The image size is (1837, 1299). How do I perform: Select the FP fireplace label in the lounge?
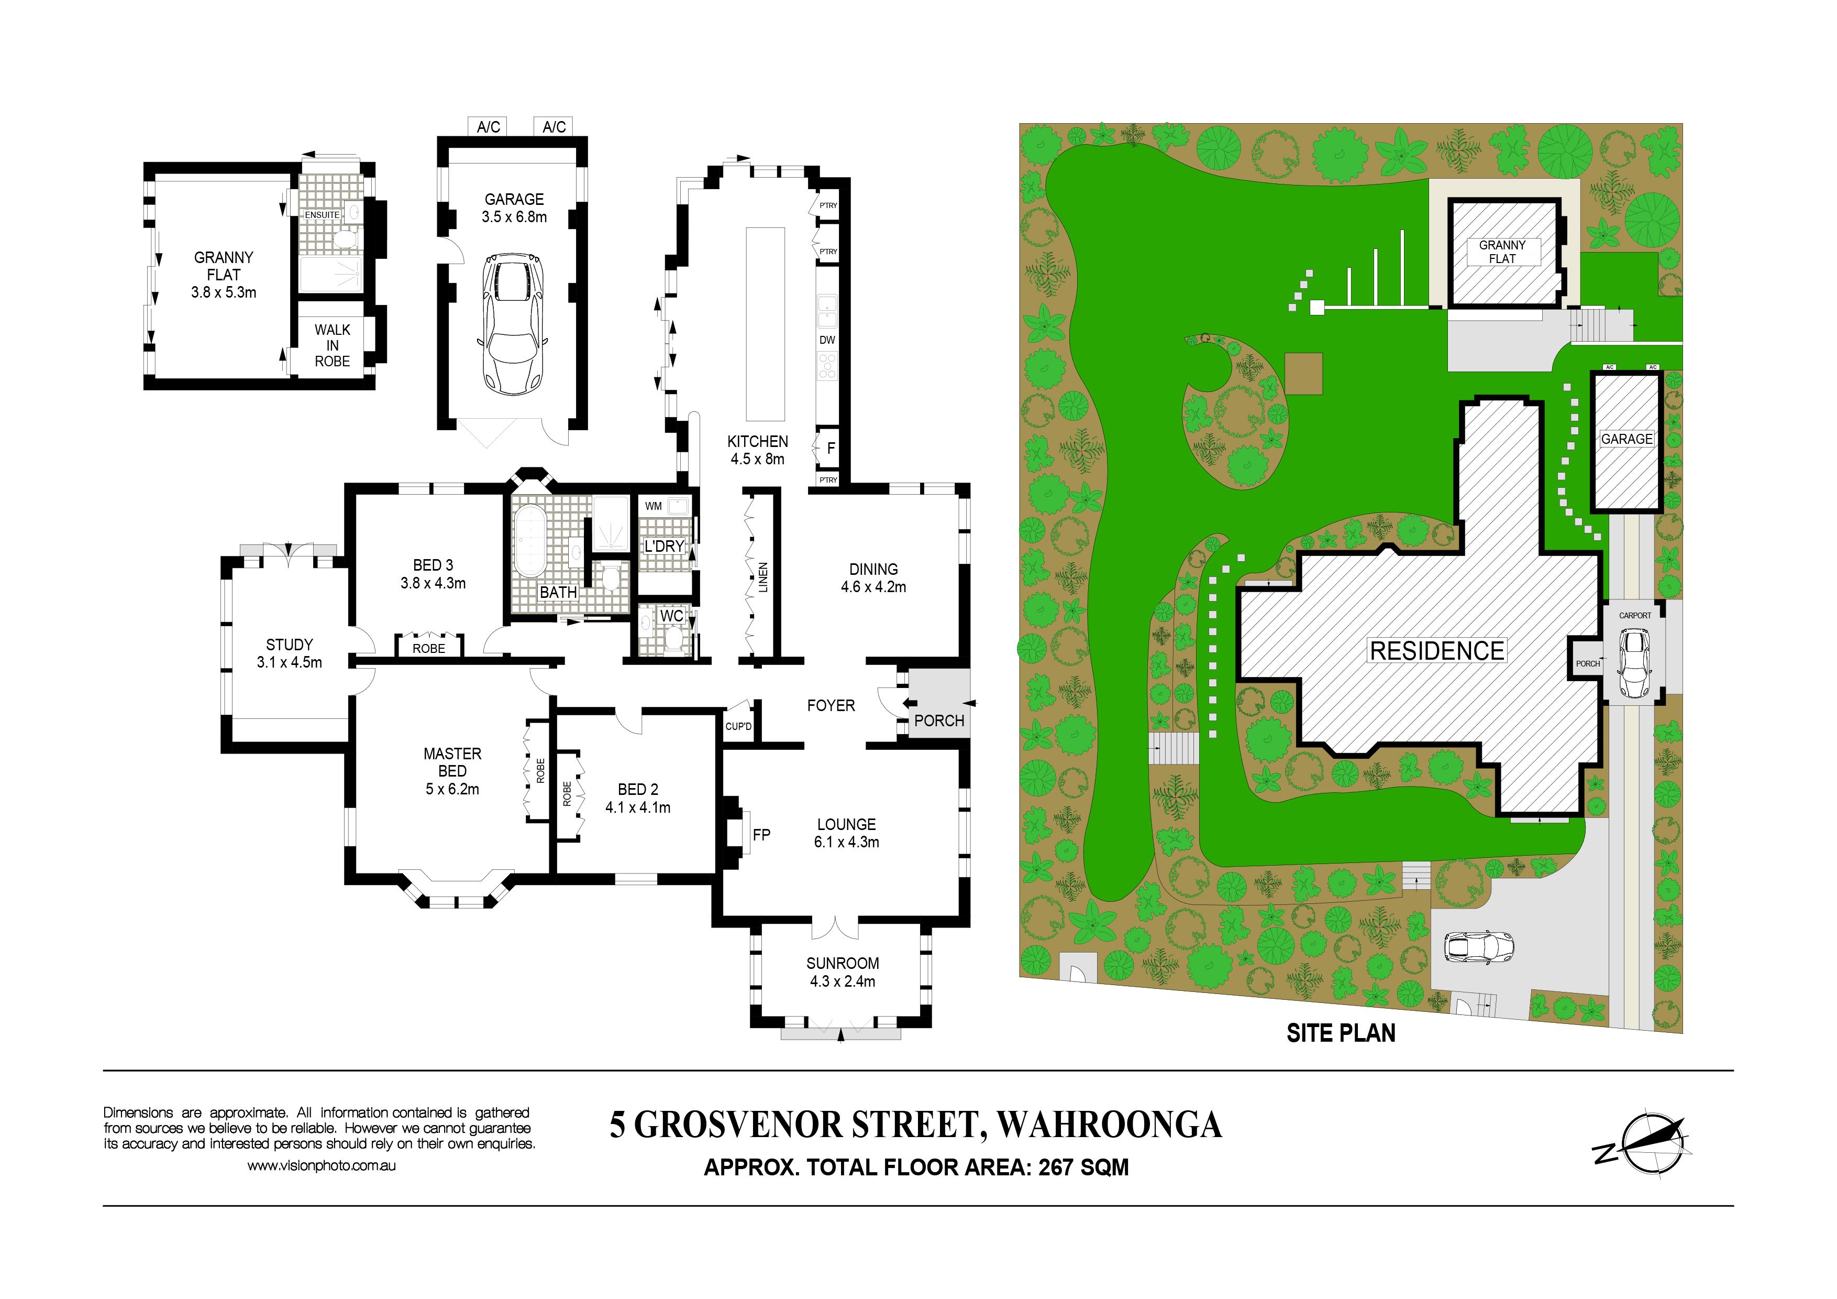click(x=762, y=835)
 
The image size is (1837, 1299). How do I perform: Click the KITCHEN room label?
click(x=758, y=441)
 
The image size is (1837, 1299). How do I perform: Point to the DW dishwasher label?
click(x=827, y=340)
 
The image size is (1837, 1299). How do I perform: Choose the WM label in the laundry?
click(x=654, y=506)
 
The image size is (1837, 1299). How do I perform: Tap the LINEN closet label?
click(x=763, y=577)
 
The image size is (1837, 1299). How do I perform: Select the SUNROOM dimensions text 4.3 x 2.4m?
click(x=843, y=981)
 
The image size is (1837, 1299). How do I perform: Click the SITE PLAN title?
click(x=1341, y=1033)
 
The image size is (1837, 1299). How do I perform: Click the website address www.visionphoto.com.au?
click(x=321, y=1166)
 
